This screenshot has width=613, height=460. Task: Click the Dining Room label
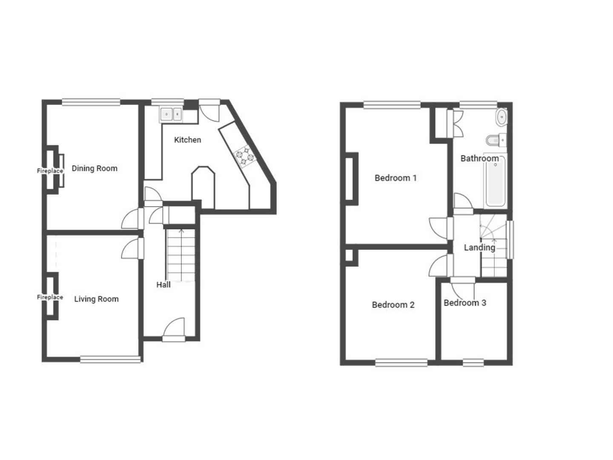coord(95,168)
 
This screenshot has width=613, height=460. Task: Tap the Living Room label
coord(96,299)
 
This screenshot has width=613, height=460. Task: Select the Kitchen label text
coord(187,140)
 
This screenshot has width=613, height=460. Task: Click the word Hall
coord(163,285)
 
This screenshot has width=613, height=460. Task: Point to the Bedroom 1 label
coord(395,178)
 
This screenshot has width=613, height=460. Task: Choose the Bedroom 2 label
coord(393,305)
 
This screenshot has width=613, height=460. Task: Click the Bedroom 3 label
coord(465,303)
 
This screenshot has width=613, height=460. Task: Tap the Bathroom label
coord(479,158)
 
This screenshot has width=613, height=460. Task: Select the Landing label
coord(479,247)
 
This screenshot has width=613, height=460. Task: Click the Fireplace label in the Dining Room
coord(50,171)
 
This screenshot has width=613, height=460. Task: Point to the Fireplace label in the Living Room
coord(50,297)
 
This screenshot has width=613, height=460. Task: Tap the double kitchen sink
coord(171,114)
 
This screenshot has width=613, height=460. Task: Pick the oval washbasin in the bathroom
coord(502,117)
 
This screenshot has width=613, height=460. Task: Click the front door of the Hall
coord(174,330)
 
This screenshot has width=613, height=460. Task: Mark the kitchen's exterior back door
coord(209,110)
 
